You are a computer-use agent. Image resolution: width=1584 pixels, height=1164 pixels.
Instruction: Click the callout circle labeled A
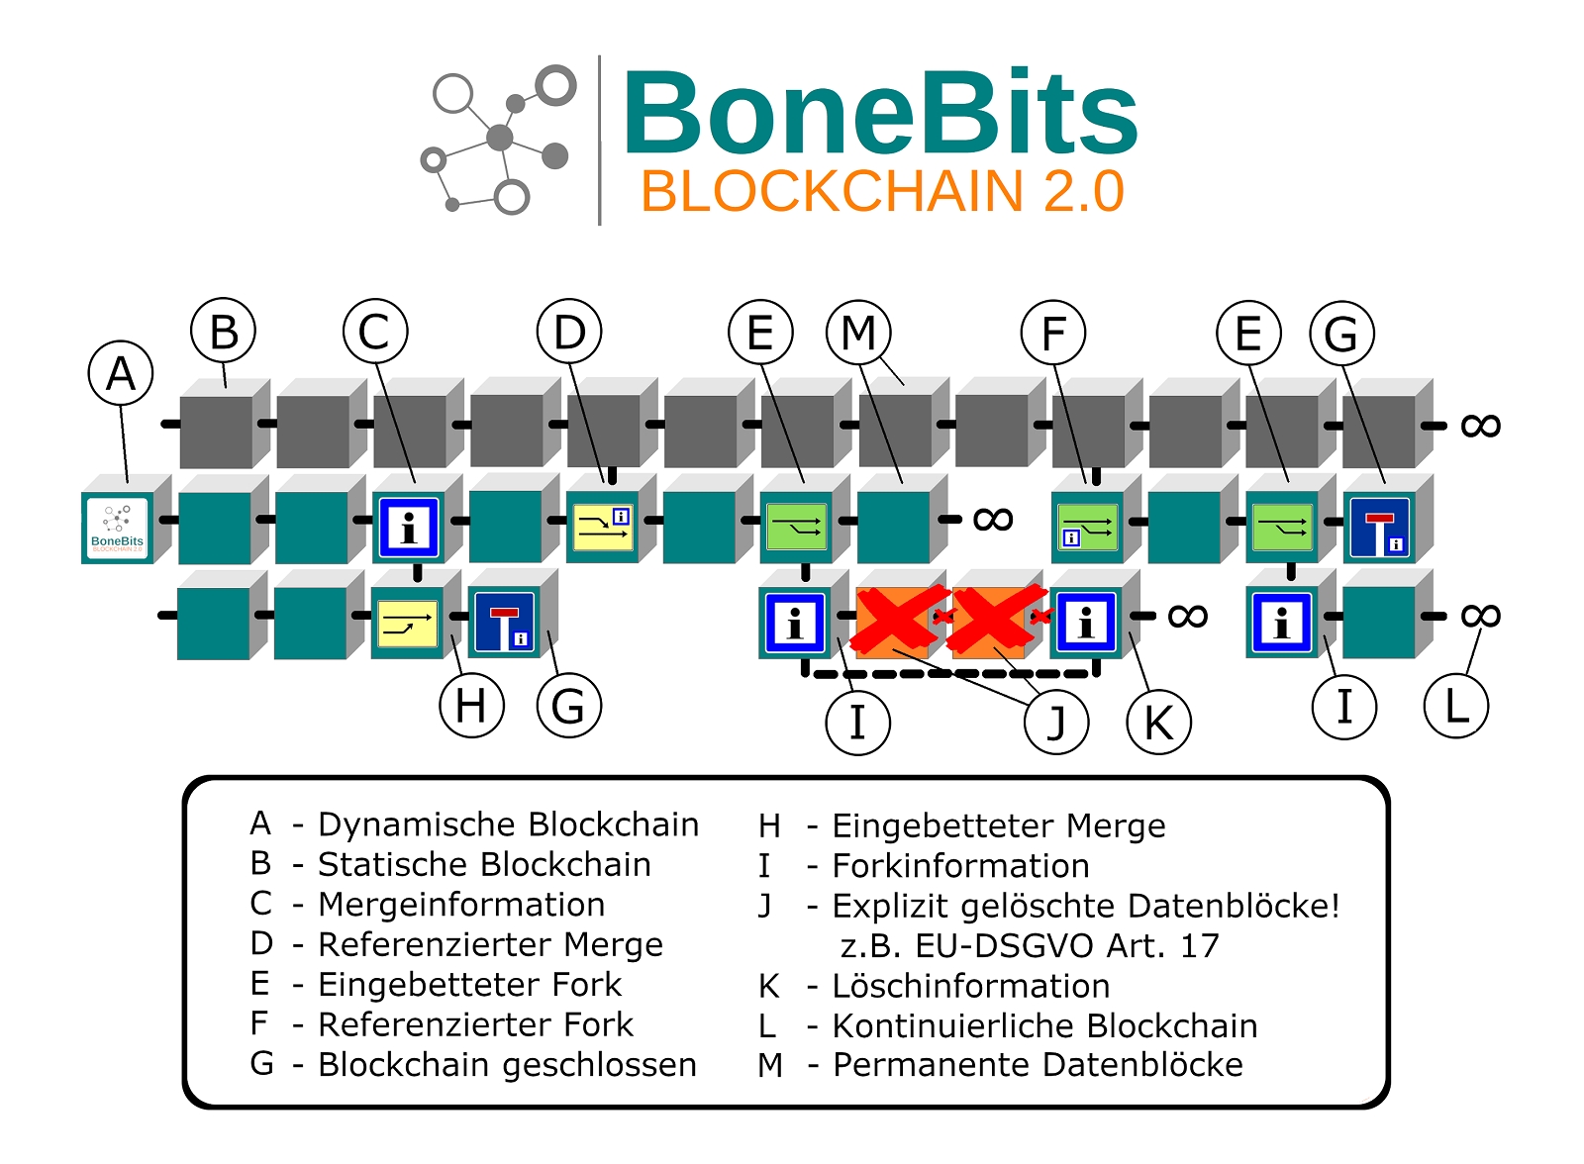[x=121, y=374]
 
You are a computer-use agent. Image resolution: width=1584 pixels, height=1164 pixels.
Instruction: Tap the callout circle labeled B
[x=224, y=332]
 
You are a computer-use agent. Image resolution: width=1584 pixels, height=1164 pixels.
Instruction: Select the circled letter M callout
[x=858, y=333]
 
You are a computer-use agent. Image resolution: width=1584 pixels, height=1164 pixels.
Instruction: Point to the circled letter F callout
[x=1053, y=334]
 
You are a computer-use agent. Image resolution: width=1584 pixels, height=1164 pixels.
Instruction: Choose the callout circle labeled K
[x=1158, y=723]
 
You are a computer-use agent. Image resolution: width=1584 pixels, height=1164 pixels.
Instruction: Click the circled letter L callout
[x=1455, y=706]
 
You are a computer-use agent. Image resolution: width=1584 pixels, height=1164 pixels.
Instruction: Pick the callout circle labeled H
[x=471, y=706]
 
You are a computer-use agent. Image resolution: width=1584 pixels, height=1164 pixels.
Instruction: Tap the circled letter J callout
[x=1056, y=723]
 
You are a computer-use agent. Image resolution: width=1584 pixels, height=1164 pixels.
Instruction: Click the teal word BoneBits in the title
[x=879, y=114]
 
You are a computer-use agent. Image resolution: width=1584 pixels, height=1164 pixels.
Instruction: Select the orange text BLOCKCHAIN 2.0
[x=882, y=192]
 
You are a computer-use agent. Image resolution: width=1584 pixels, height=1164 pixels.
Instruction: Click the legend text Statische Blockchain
[x=484, y=864]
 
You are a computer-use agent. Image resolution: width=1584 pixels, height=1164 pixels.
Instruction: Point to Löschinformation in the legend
[x=970, y=986]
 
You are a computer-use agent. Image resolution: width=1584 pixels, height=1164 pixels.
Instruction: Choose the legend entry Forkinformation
[x=960, y=866]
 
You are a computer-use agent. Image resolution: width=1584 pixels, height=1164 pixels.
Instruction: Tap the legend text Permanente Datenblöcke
[x=1038, y=1065]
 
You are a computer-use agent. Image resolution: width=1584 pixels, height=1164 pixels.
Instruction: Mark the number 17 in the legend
[x=1199, y=946]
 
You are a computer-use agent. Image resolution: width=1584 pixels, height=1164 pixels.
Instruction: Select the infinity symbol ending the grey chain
[x=1480, y=426]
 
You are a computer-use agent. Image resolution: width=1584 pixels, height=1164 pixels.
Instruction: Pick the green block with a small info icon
[x=1087, y=528]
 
